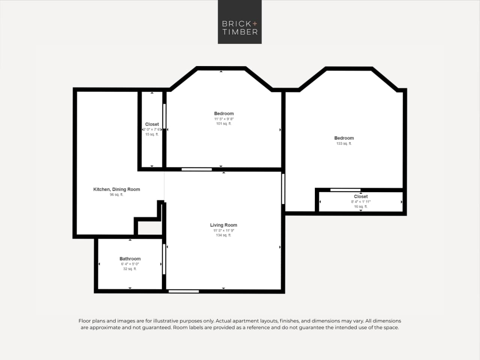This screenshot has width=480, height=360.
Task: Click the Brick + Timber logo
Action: [x=239, y=22]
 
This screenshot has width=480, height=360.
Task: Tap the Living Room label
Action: [x=223, y=225]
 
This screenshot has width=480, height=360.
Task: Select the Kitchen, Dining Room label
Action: [x=116, y=190]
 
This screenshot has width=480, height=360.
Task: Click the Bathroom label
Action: [x=130, y=259]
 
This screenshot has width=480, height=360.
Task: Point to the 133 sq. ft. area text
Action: [x=344, y=144]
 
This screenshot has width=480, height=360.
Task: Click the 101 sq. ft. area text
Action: [x=224, y=124]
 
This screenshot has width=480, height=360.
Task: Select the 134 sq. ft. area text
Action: [x=223, y=235]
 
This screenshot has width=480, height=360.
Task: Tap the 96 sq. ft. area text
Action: [x=116, y=195]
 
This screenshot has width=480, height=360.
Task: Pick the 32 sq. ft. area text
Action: [x=130, y=269]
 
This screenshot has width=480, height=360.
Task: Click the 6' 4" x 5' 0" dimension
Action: [x=130, y=264]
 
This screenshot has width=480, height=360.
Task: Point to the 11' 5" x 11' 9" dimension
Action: [x=223, y=230]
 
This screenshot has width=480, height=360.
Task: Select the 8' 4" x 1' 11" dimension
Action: [x=361, y=202]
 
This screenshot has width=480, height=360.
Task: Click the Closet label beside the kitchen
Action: [x=152, y=124]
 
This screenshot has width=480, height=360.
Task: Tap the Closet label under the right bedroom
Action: [x=361, y=197]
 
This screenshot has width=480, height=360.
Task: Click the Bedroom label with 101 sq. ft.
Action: [x=224, y=114]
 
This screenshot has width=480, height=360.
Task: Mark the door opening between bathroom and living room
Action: [x=164, y=259]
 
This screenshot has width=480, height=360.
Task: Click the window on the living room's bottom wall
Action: [x=184, y=291]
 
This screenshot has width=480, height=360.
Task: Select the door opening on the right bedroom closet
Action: [x=345, y=190]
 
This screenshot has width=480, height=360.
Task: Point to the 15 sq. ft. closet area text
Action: [x=152, y=134]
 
